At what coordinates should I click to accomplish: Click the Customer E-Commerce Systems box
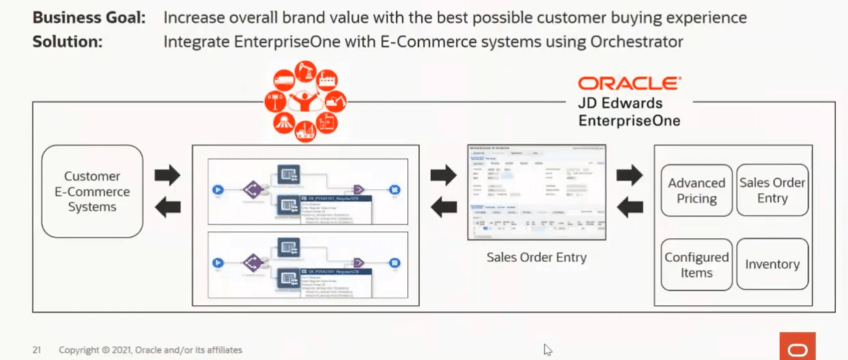(x=92, y=192)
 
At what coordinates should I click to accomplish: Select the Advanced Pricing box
(x=696, y=190)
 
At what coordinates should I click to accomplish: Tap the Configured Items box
(x=696, y=264)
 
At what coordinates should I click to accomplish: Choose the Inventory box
(x=772, y=264)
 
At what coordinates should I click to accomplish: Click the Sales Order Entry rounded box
(x=772, y=190)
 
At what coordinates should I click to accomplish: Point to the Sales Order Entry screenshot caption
(x=536, y=257)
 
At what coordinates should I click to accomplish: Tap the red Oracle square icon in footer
(x=797, y=347)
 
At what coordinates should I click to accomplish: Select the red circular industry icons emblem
(x=304, y=100)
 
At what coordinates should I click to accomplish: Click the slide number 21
(x=37, y=350)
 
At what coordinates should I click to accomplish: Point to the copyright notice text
(x=150, y=350)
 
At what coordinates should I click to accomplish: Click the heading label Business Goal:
(x=89, y=18)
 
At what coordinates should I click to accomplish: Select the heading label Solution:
(x=67, y=42)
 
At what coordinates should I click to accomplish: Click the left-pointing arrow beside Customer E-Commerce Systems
(x=167, y=208)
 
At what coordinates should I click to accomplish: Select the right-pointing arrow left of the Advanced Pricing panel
(x=629, y=176)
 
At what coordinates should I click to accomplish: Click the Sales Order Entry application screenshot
(x=536, y=192)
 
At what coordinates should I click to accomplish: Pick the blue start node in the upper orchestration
(x=217, y=190)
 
